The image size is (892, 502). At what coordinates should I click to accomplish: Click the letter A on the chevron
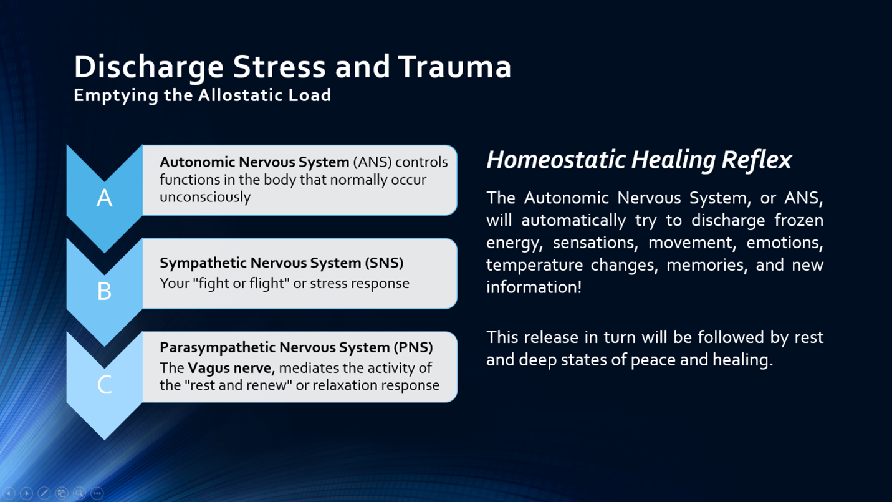click(x=104, y=198)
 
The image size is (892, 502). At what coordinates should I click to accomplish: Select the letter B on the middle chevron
click(x=104, y=291)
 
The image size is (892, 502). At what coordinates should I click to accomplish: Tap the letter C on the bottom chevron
click(x=104, y=385)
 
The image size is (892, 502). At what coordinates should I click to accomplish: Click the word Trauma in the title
click(x=455, y=67)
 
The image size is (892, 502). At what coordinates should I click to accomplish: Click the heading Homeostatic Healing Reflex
click(x=638, y=160)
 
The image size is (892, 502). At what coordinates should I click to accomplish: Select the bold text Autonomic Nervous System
click(x=254, y=162)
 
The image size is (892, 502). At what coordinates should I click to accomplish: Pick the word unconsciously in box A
click(x=204, y=197)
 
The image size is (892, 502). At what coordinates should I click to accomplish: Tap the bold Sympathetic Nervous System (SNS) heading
click(x=281, y=263)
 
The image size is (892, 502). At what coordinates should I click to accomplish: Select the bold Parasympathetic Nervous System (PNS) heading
click(x=296, y=347)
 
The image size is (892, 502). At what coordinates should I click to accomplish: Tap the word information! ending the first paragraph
click(x=534, y=287)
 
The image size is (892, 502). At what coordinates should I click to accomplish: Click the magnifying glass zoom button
click(x=79, y=493)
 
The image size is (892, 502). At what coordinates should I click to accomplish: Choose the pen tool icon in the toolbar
click(x=44, y=493)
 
